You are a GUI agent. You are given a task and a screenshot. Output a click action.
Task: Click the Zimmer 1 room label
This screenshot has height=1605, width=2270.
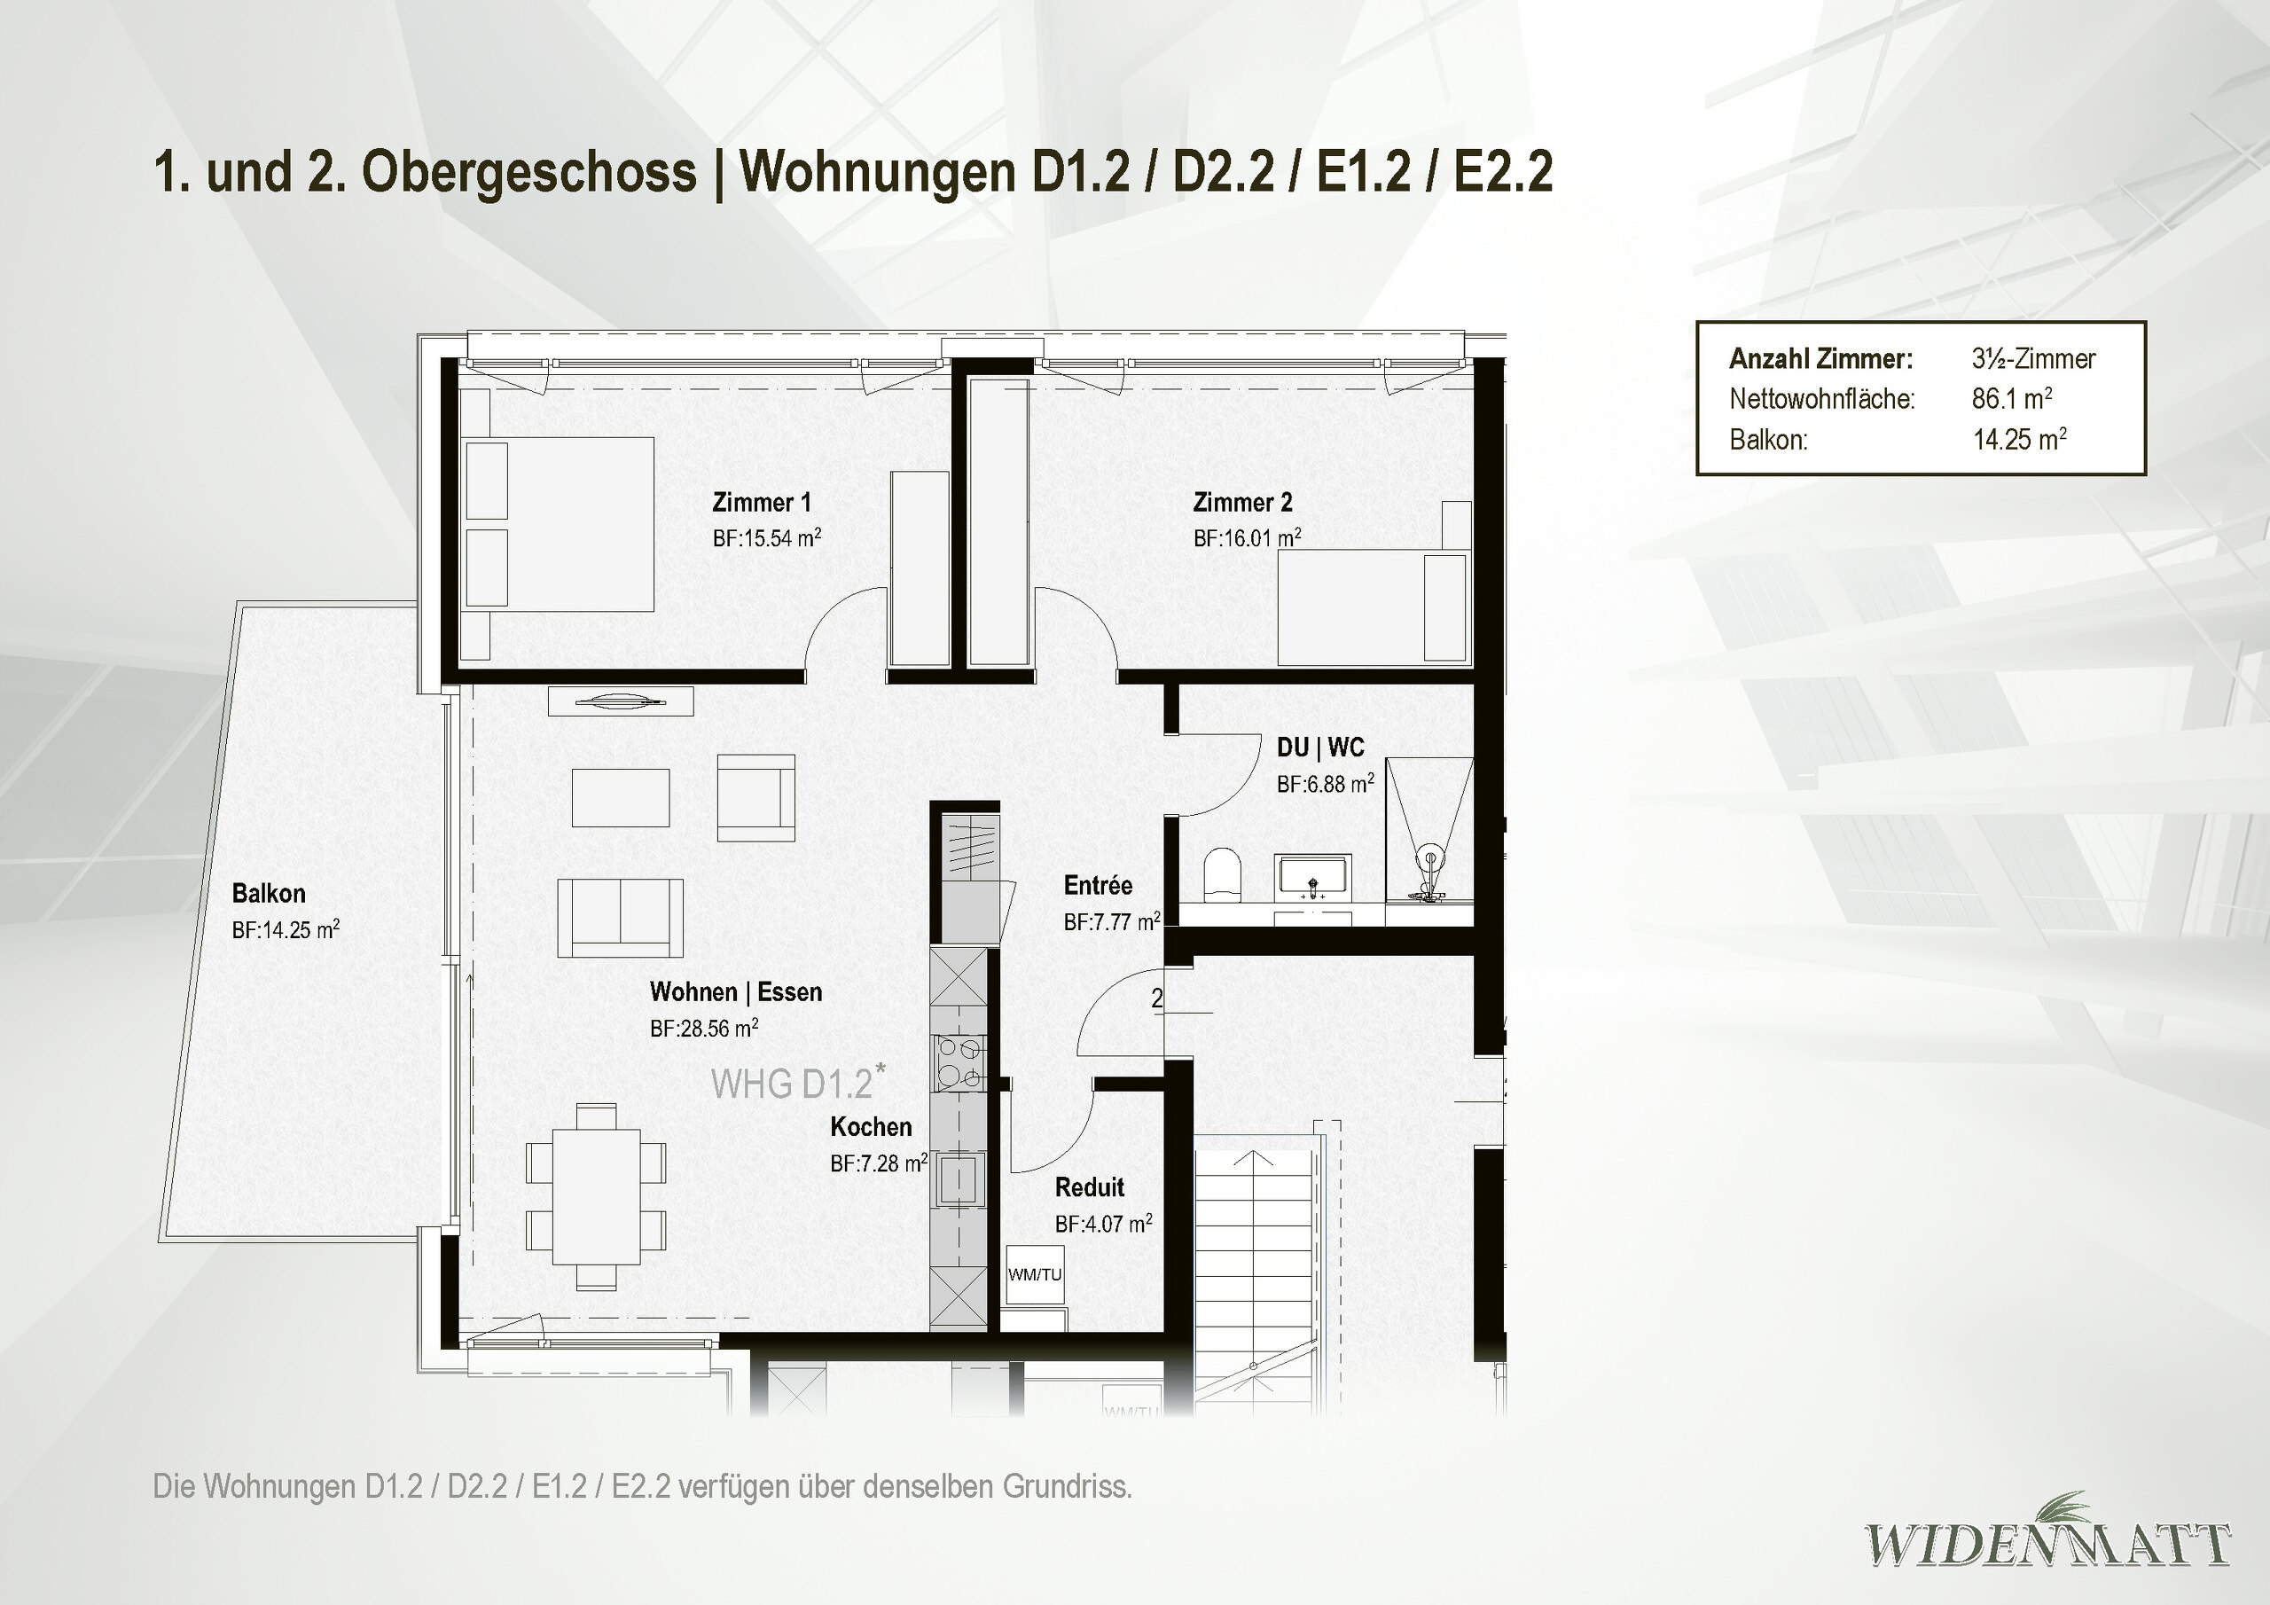pos(762,503)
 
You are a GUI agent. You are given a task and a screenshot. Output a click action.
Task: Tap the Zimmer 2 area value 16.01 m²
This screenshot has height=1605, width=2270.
pos(1247,538)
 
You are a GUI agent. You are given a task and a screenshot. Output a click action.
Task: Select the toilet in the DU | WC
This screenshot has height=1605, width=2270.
pos(1223,874)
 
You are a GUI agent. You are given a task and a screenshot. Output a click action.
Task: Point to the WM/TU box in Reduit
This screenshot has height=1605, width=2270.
pos(1034,1275)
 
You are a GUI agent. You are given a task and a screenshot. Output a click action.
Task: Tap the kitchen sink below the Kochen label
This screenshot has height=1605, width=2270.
pos(958,1178)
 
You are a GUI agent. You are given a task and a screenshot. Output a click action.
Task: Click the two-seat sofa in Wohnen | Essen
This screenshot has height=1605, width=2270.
pos(620,918)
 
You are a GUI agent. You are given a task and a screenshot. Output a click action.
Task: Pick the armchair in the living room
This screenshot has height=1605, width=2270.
pos(755,797)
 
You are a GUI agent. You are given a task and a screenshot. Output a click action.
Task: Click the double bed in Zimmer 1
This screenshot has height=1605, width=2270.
pos(559,524)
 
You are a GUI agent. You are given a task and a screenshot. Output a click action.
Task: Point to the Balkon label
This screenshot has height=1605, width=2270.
pos(268,894)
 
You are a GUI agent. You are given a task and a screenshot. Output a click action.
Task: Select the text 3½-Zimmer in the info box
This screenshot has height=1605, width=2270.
pos(2032,358)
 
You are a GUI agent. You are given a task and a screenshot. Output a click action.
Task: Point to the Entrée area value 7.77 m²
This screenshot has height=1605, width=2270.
pos(1111,921)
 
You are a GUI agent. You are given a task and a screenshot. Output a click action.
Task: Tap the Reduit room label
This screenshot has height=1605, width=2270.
pos(1090,1186)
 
